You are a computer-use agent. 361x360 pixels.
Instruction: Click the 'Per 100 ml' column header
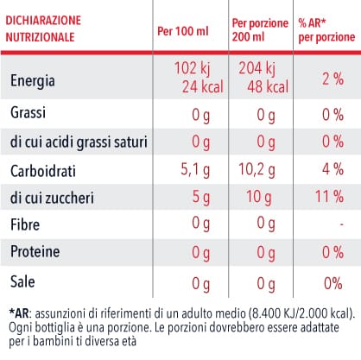click(x=183, y=31)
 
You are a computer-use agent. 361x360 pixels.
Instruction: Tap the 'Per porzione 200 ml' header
click(x=260, y=30)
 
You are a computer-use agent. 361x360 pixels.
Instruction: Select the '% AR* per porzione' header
click(x=326, y=30)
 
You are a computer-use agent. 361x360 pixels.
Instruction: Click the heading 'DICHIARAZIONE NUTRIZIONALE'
click(x=43, y=28)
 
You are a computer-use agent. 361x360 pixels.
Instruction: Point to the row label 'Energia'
click(x=33, y=81)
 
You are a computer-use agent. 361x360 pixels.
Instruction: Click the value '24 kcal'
click(x=203, y=86)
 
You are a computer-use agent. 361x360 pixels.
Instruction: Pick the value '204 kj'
click(x=256, y=68)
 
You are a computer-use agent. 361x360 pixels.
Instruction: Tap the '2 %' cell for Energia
click(x=332, y=79)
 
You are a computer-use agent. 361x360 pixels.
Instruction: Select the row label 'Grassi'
click(x=28, y=112)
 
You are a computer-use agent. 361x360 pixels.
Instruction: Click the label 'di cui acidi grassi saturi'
click(x=79, y=142)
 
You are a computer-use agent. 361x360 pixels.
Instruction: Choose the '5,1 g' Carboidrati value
click(x=195, y=169)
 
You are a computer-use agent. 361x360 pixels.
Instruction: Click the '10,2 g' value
click(x=256, y=169)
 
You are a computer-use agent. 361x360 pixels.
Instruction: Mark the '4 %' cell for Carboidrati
click(x=332, y=169)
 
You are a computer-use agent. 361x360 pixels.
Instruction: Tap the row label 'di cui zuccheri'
click(x=52, y=198)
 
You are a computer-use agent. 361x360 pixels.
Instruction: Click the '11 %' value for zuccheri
click(x=329, y=197)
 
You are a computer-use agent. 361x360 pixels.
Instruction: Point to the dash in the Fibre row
click(x=341, y=224)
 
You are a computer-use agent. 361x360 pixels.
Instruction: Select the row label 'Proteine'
click(x=35, y=251)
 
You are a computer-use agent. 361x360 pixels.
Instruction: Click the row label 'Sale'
click(x=22, y=281)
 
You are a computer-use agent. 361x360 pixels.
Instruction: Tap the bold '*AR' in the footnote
click(x=19, y=313)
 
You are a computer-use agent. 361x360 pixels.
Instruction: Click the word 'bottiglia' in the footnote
click(x=54, y=327)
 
